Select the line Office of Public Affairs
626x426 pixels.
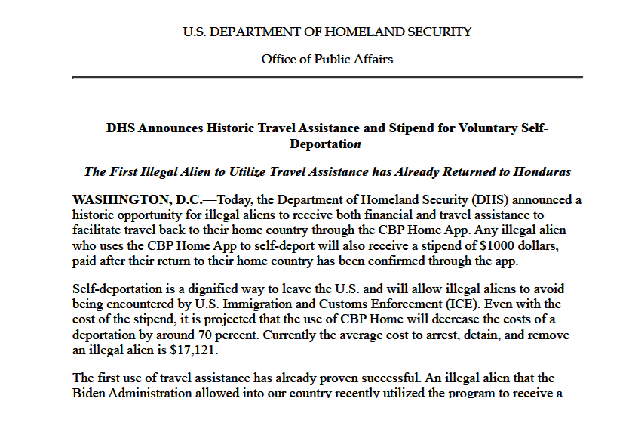coord(327,59)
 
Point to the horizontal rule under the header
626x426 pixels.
coord(327,77)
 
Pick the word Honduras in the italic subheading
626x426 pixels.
coord(542,171)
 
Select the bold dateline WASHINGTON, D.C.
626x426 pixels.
coord(137,200)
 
